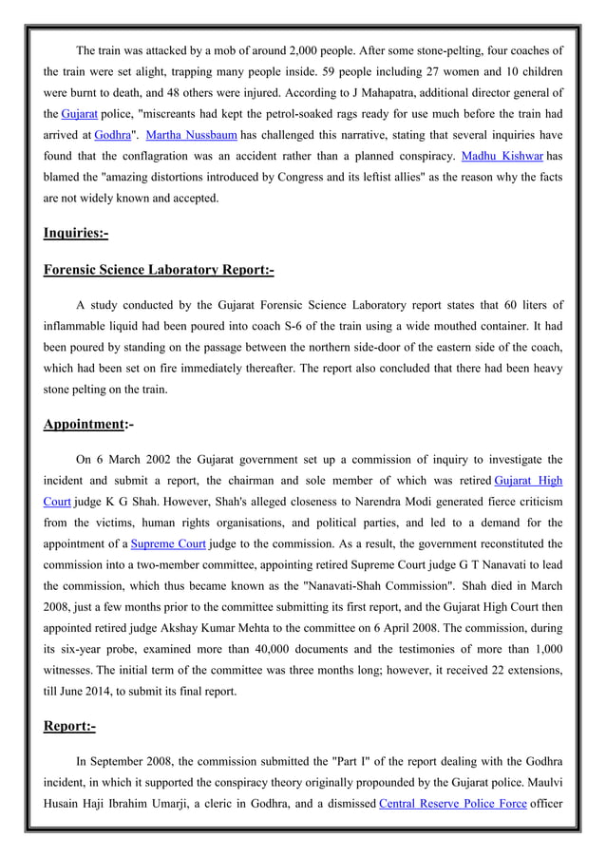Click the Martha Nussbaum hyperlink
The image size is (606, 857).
[x=191, y=135]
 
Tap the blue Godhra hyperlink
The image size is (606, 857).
[x=113, y=135]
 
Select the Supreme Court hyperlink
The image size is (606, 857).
[x=168, y=544]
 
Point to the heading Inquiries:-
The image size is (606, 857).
[x=76, y=233]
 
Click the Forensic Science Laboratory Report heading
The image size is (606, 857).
[x=159, y=270]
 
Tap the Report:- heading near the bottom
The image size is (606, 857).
[x=69, y=727]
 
